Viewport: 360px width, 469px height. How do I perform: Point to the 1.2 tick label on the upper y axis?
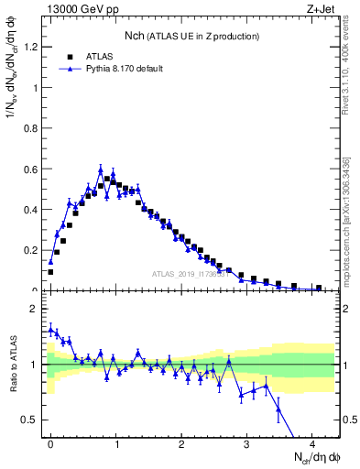pos(32,47)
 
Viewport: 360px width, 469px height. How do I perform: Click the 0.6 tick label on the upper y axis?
pos(32,169)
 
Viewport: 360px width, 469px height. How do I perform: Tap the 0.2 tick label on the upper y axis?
pos(32,250)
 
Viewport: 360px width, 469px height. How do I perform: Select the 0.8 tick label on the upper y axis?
pos(32,128)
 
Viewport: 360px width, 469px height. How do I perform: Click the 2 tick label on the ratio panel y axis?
pos(36,309)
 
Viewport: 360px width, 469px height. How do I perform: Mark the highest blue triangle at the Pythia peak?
pos(101,169)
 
